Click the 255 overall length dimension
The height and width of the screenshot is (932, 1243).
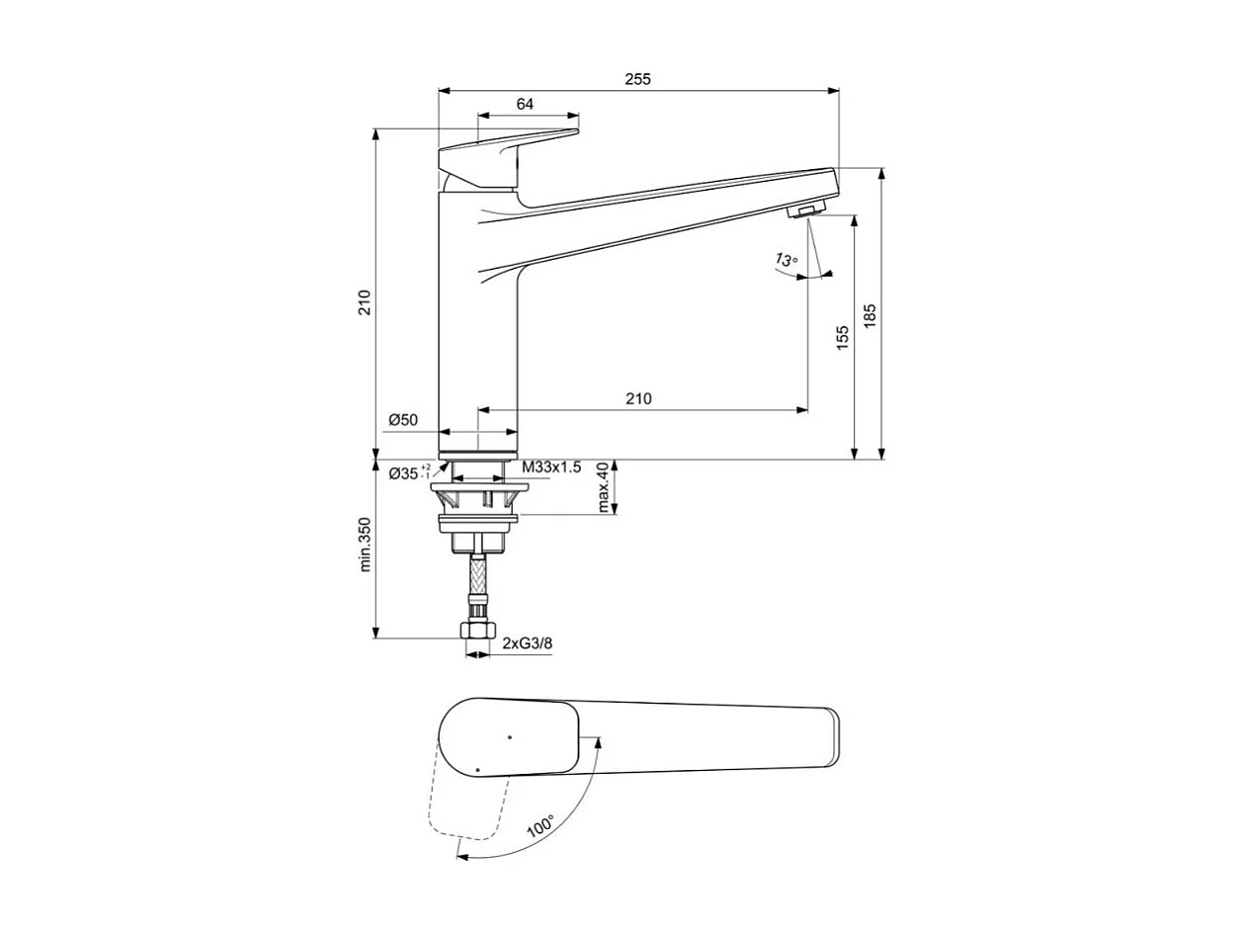point(638,80)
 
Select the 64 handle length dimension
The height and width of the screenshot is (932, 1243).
point(525,104)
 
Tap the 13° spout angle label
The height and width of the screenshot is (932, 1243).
point(786,260)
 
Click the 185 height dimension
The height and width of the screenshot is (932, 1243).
point(870,314)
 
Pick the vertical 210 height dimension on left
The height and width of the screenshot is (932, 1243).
point(365,302)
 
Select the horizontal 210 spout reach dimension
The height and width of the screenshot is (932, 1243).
point(638,399)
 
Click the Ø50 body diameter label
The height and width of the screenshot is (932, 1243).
point(403,420)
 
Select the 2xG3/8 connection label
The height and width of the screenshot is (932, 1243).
point(527,643)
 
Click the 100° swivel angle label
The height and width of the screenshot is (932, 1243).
point(539,826)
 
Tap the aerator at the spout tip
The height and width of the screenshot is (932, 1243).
point(807,209)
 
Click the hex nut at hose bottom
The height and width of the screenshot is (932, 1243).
point(478,633)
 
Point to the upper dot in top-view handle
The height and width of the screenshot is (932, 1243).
point(509,736)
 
